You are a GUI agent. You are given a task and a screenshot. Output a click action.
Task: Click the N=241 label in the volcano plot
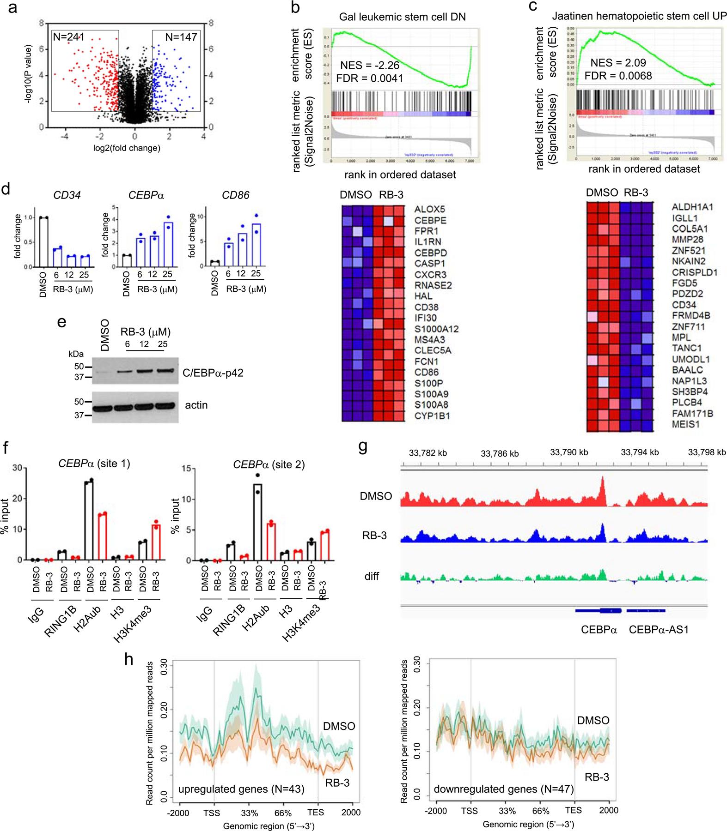coord(69,37)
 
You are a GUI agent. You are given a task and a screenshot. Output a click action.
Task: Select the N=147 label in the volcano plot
coord(181,37)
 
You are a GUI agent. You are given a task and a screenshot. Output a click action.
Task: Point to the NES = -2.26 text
coord(370,65)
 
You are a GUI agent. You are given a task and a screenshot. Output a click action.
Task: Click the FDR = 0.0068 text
coord(618,76)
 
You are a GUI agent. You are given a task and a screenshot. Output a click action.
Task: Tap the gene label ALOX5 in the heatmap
coord(429,209)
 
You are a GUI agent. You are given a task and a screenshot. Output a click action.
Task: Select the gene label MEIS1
coord(686,424)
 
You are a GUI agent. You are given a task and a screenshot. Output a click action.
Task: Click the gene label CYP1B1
coord(432,415)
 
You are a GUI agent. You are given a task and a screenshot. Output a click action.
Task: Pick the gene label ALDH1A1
coord(692,207)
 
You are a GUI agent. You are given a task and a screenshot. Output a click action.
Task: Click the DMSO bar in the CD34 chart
coord(44,242)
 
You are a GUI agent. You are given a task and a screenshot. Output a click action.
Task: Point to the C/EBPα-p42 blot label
coord(213,373)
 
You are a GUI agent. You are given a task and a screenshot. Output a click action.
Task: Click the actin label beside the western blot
coord(196,405)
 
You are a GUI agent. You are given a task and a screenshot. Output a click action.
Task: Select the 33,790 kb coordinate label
coord(568,452)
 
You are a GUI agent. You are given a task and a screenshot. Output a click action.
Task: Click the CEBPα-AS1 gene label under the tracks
coord(659,629)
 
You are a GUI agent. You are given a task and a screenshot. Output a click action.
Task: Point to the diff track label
coord(372,576)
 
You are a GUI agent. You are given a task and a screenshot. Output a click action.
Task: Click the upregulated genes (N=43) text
coord(241,789)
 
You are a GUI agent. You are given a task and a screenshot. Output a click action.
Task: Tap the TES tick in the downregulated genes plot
coord(573,810)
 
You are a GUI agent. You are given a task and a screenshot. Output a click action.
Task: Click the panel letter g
coord(363,447)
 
